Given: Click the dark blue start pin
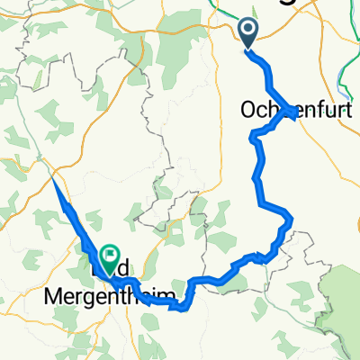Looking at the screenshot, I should point(249,31).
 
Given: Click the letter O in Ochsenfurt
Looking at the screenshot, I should point(248,111).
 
